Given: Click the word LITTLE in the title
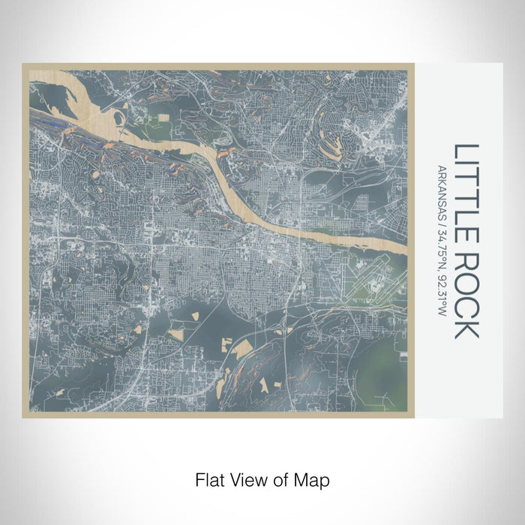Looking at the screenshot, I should click(x=466, y=192).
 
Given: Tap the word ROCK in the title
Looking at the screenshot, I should click(x=466, y=294).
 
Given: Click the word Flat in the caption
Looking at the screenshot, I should click(x=209, y=478).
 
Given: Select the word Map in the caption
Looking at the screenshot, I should click(x=314, y=478).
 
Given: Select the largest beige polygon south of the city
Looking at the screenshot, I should click(x=244, y=349).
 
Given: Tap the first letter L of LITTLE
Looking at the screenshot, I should click(x=466, y=151).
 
